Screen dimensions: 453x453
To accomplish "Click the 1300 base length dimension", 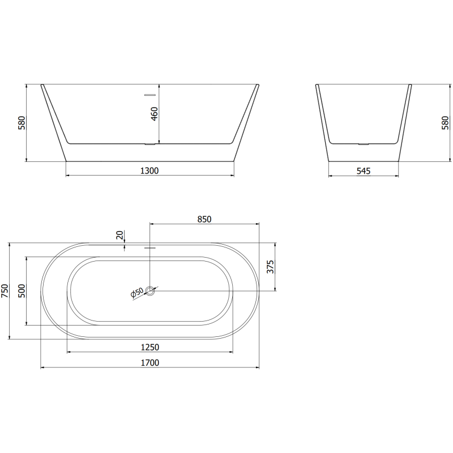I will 149,170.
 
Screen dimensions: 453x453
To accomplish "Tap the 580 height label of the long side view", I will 22,123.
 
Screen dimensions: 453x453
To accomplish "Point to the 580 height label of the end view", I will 445,123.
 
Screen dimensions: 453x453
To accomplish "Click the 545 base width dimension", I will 364,170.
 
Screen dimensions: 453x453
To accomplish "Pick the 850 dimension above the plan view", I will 204,220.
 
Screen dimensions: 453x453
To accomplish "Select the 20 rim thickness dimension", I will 119,235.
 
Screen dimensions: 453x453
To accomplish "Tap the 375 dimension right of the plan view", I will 270,267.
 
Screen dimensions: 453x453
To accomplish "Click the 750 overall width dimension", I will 5,291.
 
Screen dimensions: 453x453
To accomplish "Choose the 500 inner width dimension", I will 22,291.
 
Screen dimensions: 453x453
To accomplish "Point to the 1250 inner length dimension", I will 149,347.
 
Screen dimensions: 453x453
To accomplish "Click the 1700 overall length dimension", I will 149,362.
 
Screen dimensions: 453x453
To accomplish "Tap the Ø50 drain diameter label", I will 136,293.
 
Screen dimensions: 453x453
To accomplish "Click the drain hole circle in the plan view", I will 150,291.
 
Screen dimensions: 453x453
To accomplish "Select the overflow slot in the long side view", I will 150,95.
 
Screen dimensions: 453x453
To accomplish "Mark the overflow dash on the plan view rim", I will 150,248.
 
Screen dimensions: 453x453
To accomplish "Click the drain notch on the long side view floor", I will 150,144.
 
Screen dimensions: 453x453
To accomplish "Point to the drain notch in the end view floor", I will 363,144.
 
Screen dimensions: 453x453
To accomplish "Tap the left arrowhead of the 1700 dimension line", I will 44,367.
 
